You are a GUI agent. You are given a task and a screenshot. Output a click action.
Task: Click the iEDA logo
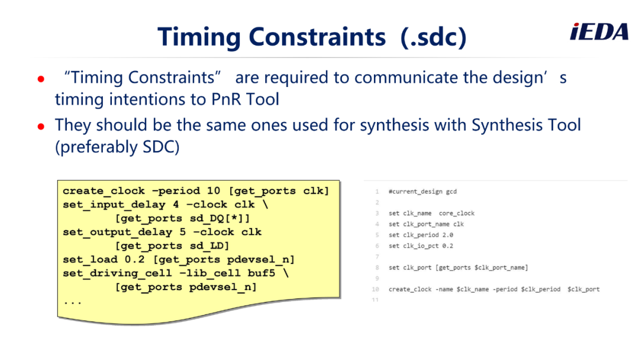(599, 32)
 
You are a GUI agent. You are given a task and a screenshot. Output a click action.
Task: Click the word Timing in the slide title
(199, 37)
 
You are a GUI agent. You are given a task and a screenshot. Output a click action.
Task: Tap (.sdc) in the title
(434, 37)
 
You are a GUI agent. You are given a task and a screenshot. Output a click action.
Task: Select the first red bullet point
(41, 79)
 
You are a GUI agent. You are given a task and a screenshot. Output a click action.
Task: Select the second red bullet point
(41, 126)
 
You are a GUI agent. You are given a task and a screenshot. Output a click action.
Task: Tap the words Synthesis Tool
(526, 125)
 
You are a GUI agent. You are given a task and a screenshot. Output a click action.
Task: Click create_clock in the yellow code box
(104, 191)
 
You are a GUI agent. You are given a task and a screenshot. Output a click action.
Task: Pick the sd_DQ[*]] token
(220, 218)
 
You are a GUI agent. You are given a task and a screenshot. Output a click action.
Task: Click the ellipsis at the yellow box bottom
(73, 303)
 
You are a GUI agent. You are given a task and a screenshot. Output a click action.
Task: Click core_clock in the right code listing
(456, 213)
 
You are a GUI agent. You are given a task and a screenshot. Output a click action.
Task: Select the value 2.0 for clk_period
(447, 235)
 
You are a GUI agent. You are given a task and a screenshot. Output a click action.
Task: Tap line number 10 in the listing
(375, 289)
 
